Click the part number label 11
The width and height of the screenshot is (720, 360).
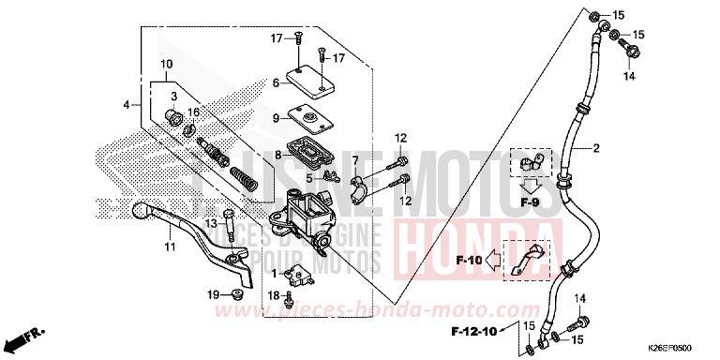point(170,247)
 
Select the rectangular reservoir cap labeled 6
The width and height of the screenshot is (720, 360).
point(311,82)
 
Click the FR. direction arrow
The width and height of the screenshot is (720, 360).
point(33,333)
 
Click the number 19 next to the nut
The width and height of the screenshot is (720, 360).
point(213,294)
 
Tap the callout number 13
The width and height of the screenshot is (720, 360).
point(212,223)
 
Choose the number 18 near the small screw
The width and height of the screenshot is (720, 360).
point(273,295)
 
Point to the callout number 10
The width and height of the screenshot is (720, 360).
point(166,64)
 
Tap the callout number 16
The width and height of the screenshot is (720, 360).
point(194,112)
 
